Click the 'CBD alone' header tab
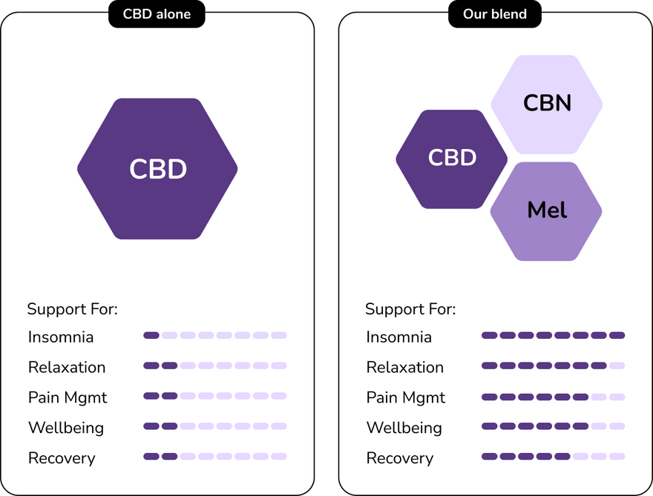(x=157, y=14)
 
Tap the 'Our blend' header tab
(x=495, y=14)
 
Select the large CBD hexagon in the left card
(x=157, y=169)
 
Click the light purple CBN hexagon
(x=547, y=102)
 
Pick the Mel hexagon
(x=546, y=211)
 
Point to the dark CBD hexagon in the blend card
(x=451, y=158)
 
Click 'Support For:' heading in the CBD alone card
(x=72, y=309)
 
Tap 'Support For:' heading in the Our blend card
(x=410, y=309)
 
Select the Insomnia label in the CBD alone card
(x=61, y=337)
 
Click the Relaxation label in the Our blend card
(x=404, y=368)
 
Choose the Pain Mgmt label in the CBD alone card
(x=68, y=397)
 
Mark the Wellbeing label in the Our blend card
(x=404, y=428)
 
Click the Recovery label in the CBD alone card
(x=62, y=458)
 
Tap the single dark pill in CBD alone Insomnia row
(x=151, y=335)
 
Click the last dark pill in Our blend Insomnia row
(x=617, y=335)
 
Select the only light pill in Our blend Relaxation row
(x=617, y=366)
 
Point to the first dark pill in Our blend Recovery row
(x=489, y=456)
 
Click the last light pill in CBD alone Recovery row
(x=278, y=456)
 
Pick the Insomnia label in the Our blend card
(x=398, y=337)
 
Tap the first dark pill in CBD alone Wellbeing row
(x=151, y=426)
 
